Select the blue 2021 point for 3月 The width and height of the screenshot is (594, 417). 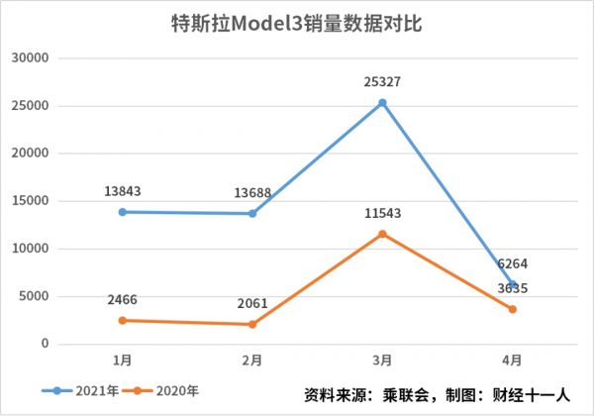[x=382, y=103]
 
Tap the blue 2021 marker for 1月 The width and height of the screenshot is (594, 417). [x=123, y=212]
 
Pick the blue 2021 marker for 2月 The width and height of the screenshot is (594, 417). [x=252, y=214]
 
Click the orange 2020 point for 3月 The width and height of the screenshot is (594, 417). [x=382, y=234]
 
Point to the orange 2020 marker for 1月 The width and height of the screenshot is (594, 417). [x=123, y=320]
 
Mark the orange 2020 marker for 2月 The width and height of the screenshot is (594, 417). [x=252, y=324]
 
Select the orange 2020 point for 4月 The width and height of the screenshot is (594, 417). [x=513, y=309]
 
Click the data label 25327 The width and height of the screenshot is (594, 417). [x=382, y=81]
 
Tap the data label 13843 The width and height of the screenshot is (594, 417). [x=123, y=191]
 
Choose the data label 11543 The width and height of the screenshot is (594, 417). [x=382, y=213]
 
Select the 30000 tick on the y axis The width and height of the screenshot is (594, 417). [x=32, y=58]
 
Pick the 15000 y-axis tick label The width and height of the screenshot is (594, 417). [x=32, y=201]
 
